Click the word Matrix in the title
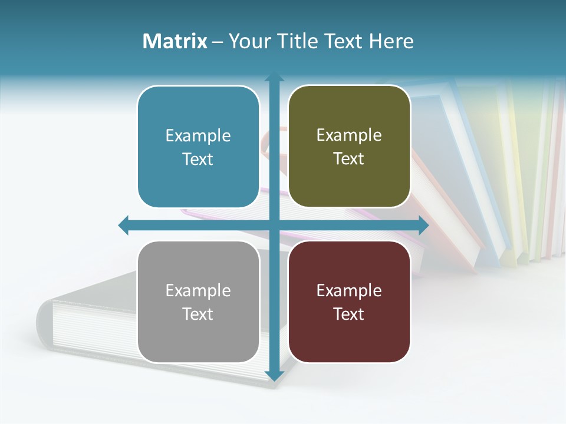click(x=175, y=41)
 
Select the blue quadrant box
click(x=198, y=147)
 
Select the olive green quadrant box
click(x=349, y=147)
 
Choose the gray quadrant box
click(x=198, y=302)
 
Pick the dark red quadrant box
click(x=349, y=302)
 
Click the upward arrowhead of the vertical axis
click(x=274, y=77)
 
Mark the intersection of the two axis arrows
click(x=274, y=225)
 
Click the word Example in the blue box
click(x=198, y=135)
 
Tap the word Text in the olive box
click(x=349, y=159)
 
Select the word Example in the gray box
click(x=198, y=290)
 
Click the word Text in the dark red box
click(x=349, y=314)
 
